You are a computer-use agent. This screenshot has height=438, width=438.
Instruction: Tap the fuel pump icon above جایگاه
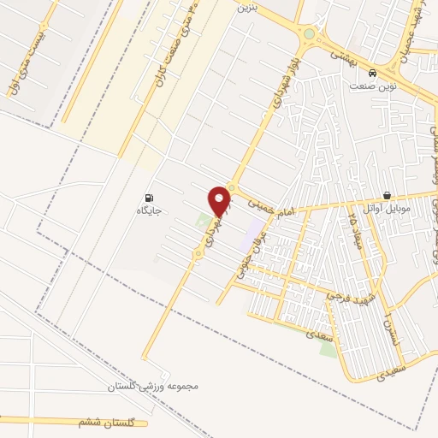tap(151, 196)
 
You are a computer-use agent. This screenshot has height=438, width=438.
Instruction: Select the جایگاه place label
tap(151, 210)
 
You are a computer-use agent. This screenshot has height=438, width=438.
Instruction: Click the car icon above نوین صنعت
tap(371, 74)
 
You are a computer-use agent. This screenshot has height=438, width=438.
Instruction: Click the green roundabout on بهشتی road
tap(309, 35)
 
